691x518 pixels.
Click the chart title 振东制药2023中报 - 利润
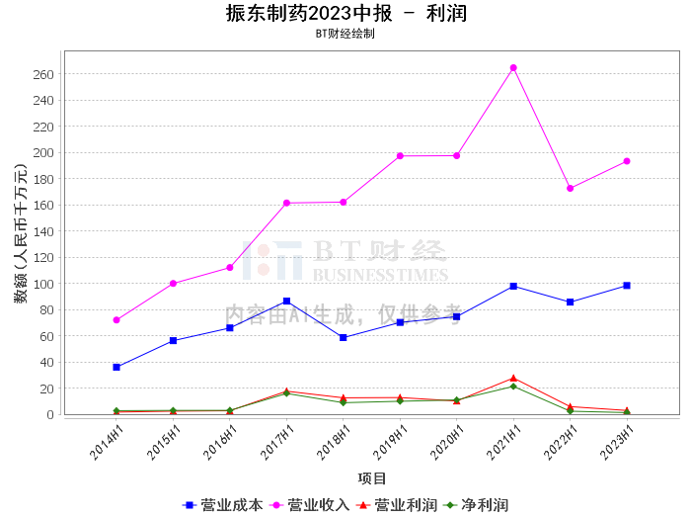click(x=345, y=14)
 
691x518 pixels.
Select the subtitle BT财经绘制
click(x=345, y=34)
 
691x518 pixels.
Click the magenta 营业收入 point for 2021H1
click(x=513, y=68)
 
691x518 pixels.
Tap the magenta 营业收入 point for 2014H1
click(x=116, y=320)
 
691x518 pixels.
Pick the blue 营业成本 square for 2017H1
click(x=286, y=302)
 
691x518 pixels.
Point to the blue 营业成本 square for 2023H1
click(x=627, y=286)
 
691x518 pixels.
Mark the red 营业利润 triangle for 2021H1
click(x=513, y=378)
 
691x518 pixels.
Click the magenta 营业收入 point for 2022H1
click(x=571, y=188)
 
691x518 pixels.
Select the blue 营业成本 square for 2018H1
click(x=344, y=337)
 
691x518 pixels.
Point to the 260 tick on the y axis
click(x=41, y=74)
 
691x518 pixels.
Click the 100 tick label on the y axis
click(x=41, y=284)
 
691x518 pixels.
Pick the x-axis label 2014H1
click(x=107, y=442)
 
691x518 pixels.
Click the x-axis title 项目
click(x=372, y=478)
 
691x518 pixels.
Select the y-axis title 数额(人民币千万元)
click(x=20, y=233)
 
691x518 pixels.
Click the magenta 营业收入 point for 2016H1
click(x=230, y=268)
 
